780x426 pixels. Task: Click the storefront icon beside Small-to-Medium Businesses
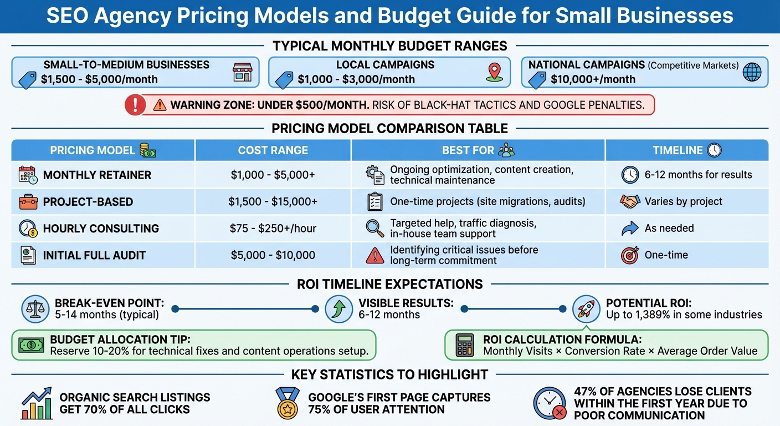coord(242,72)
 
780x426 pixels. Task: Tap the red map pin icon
coord(494,72)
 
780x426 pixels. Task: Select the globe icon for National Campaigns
coord(752,72)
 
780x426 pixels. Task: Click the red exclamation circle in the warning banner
coord(135,105)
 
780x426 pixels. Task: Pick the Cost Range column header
coord(273,150)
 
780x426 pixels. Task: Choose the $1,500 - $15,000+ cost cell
coord(273,201)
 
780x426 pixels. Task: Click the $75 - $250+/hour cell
coord(273,228)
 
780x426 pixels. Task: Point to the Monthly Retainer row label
coord(97,175)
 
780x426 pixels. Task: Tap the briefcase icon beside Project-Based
coord(28,201)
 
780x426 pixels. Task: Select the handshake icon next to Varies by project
coord(630,201)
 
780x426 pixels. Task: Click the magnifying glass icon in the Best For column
coord(375,228)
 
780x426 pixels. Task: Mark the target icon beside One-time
coord(630,255)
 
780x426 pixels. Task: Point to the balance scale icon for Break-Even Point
coord(35,309)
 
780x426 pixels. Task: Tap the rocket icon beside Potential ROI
coord(586,309)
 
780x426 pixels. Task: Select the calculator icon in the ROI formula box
coord(464,345)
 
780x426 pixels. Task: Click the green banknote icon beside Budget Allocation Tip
coord(31,345)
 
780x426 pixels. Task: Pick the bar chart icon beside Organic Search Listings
coord(37,403)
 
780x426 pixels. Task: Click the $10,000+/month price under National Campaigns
coord(593,79)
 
